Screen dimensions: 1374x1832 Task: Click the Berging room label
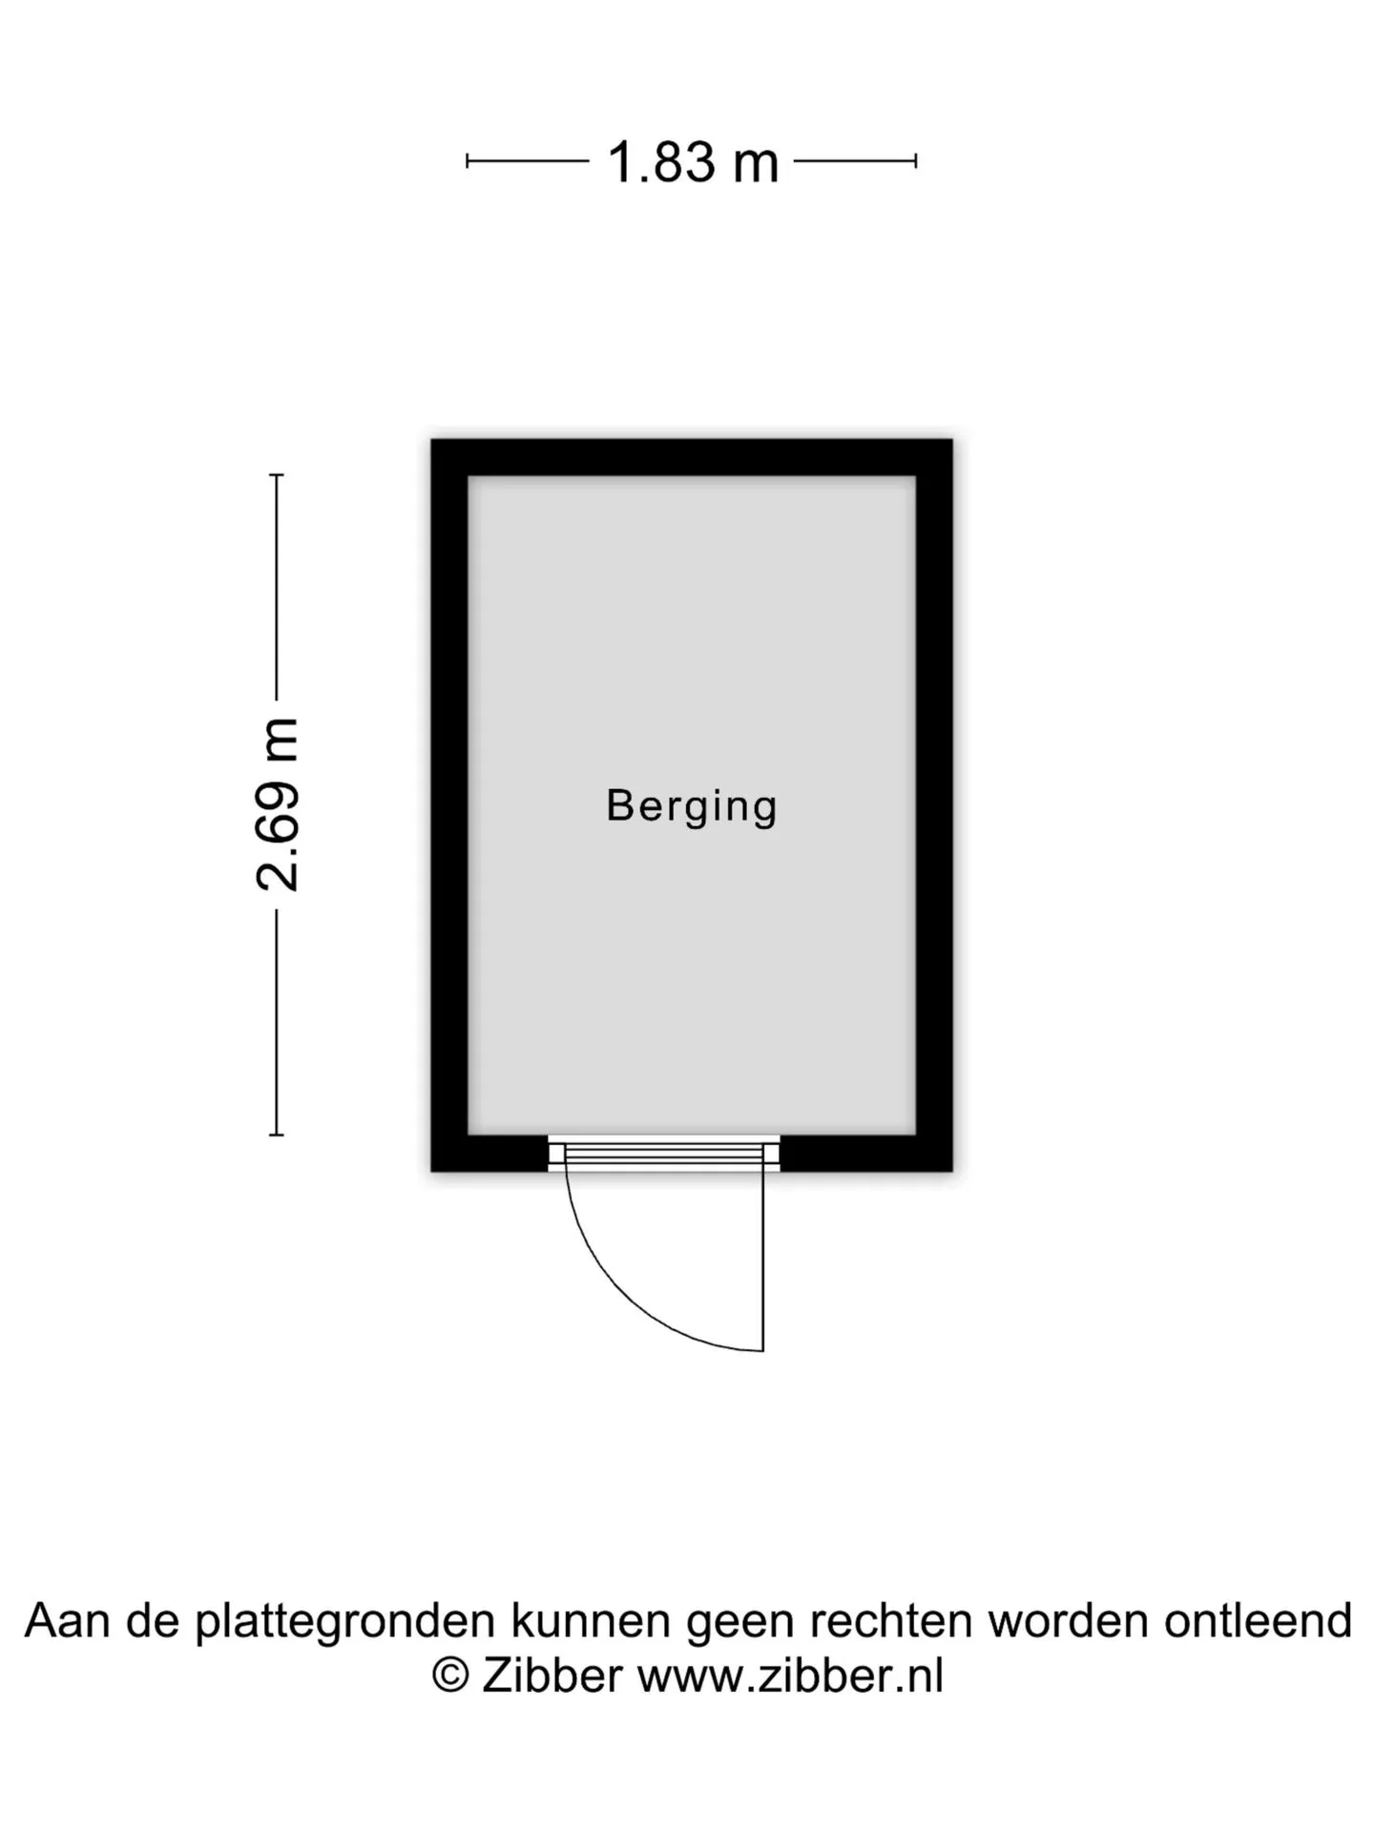click(x=692, y=807)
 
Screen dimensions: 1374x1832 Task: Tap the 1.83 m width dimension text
click(x=693, y=161)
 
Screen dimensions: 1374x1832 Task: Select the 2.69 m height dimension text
click(x=278, y=804)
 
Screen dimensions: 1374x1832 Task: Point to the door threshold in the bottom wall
click(x=664, y=1154)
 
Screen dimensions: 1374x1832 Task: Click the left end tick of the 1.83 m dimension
click(x=467, y=161)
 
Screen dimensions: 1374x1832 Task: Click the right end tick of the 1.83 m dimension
click(x=916, y=161)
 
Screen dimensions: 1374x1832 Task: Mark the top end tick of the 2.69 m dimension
click(x=277, y=474)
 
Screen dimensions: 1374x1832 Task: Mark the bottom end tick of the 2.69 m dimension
click(x=277, y=1135)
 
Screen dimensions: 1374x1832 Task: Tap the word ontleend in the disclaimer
click(x=1258, y=1620)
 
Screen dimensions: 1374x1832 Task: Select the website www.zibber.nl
click(x=790, y=1676)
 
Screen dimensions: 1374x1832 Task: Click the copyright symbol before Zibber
click(x=450, y=1676)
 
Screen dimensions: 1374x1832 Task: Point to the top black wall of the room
click(x=692, y=458)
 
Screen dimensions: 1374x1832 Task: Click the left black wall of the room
click(x=449, y=805)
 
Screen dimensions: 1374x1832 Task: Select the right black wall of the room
click(x=934, y=805)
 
